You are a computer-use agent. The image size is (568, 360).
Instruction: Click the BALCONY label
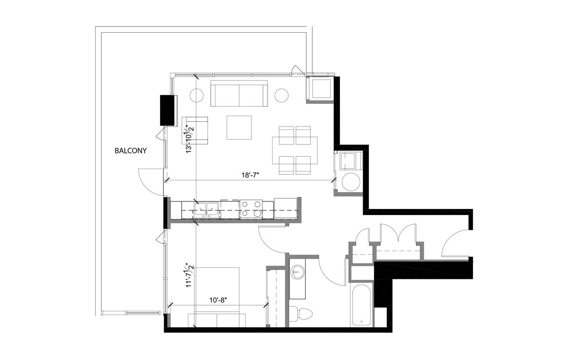point(131,152)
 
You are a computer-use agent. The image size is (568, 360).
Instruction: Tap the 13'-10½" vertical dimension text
point(190,138)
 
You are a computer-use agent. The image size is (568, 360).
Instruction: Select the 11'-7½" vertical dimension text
point(190,276)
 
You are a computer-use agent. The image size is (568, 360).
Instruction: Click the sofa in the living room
point(239,94)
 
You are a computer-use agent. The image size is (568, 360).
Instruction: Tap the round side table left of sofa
point(197,95)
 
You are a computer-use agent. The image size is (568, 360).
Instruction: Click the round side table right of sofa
point(282,95)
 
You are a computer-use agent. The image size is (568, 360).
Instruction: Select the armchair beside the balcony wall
point(195,130)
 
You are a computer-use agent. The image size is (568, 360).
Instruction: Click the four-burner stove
point(251,209)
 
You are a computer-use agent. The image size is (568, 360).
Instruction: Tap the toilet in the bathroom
point(300,313)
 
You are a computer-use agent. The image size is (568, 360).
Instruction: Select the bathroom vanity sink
point(297,272)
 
